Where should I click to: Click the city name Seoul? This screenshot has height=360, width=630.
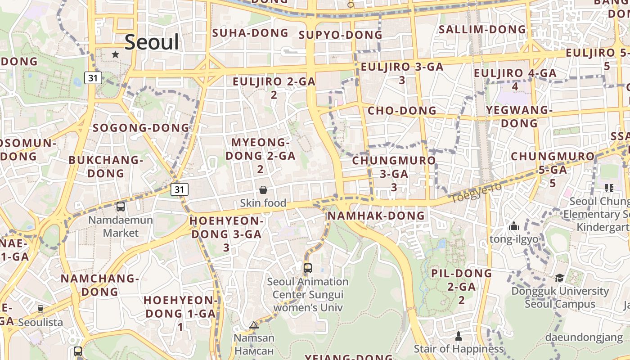click(x=152, y=42)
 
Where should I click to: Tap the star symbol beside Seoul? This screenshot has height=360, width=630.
click(x=115, y=54)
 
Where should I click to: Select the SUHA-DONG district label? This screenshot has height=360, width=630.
click(x=250, y=33)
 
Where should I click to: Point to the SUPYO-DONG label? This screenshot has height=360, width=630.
click(x=340, y=35)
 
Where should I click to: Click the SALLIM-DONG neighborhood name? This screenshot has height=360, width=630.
click(x=482, y=30)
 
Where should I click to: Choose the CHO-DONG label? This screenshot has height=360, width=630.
click(x=402, y=111)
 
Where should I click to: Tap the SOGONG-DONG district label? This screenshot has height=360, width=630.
click(x=141, y=128)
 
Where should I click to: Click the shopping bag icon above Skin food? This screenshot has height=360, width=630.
click(x=263, y=190)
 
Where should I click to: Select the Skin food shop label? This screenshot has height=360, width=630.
click(x=263, y=203)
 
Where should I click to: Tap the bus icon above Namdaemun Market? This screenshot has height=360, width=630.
click(x=121, y=207)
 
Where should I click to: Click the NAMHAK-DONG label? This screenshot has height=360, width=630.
click(x=376, y=216)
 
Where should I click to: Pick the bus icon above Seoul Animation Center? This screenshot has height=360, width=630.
click(x=308, y=268)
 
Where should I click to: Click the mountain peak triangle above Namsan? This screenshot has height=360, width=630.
click(x=254, y=325)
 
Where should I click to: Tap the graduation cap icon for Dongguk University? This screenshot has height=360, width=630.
click(x=559, y=278)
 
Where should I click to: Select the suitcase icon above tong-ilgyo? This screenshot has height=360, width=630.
click(x=513, y=226)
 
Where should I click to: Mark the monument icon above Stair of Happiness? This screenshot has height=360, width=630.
click(x=459, y=336)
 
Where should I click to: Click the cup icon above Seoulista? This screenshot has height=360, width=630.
click(x=40, y=309)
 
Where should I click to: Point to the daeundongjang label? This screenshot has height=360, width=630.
click(x=584, y=337)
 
